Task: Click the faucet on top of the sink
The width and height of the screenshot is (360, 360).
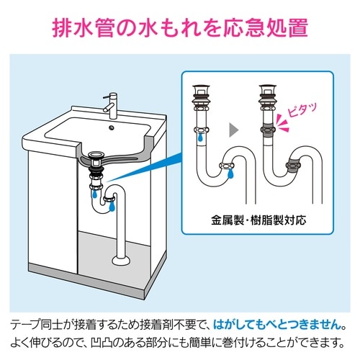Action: pos(112,106)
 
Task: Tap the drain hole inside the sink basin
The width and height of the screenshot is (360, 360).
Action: pos(112,127)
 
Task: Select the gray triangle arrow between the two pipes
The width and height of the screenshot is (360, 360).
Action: pos(233,130)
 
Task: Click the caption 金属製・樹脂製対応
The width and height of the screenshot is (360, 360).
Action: pos(258,220)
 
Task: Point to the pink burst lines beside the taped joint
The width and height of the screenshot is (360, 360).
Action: pos(282,123)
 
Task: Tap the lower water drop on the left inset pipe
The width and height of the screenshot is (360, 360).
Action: pos(230,174)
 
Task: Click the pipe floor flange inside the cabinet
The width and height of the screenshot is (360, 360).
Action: pos(122,260)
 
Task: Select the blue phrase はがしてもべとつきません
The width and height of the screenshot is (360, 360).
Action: pos(277,325)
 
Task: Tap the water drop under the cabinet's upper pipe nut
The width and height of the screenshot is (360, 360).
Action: pos(95,194)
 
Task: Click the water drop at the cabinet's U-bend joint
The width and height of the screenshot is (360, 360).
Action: pos(112,207)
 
